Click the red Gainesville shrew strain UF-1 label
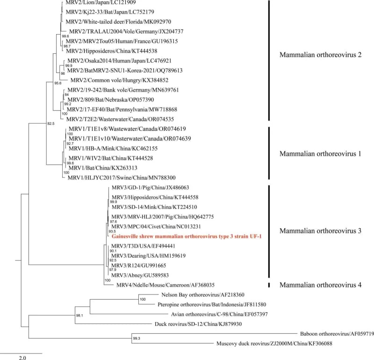coord(187,237)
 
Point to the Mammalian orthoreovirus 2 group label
coord(320,55)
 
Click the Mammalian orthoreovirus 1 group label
coord(320,153)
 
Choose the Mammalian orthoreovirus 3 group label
coord(320,231)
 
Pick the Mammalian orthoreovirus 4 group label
coord(320,284)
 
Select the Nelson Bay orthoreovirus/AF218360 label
coord(197,295)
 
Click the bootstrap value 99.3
coord(137,338)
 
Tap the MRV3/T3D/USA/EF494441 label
coord(143,246)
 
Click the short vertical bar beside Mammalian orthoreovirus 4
coord(269,284)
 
